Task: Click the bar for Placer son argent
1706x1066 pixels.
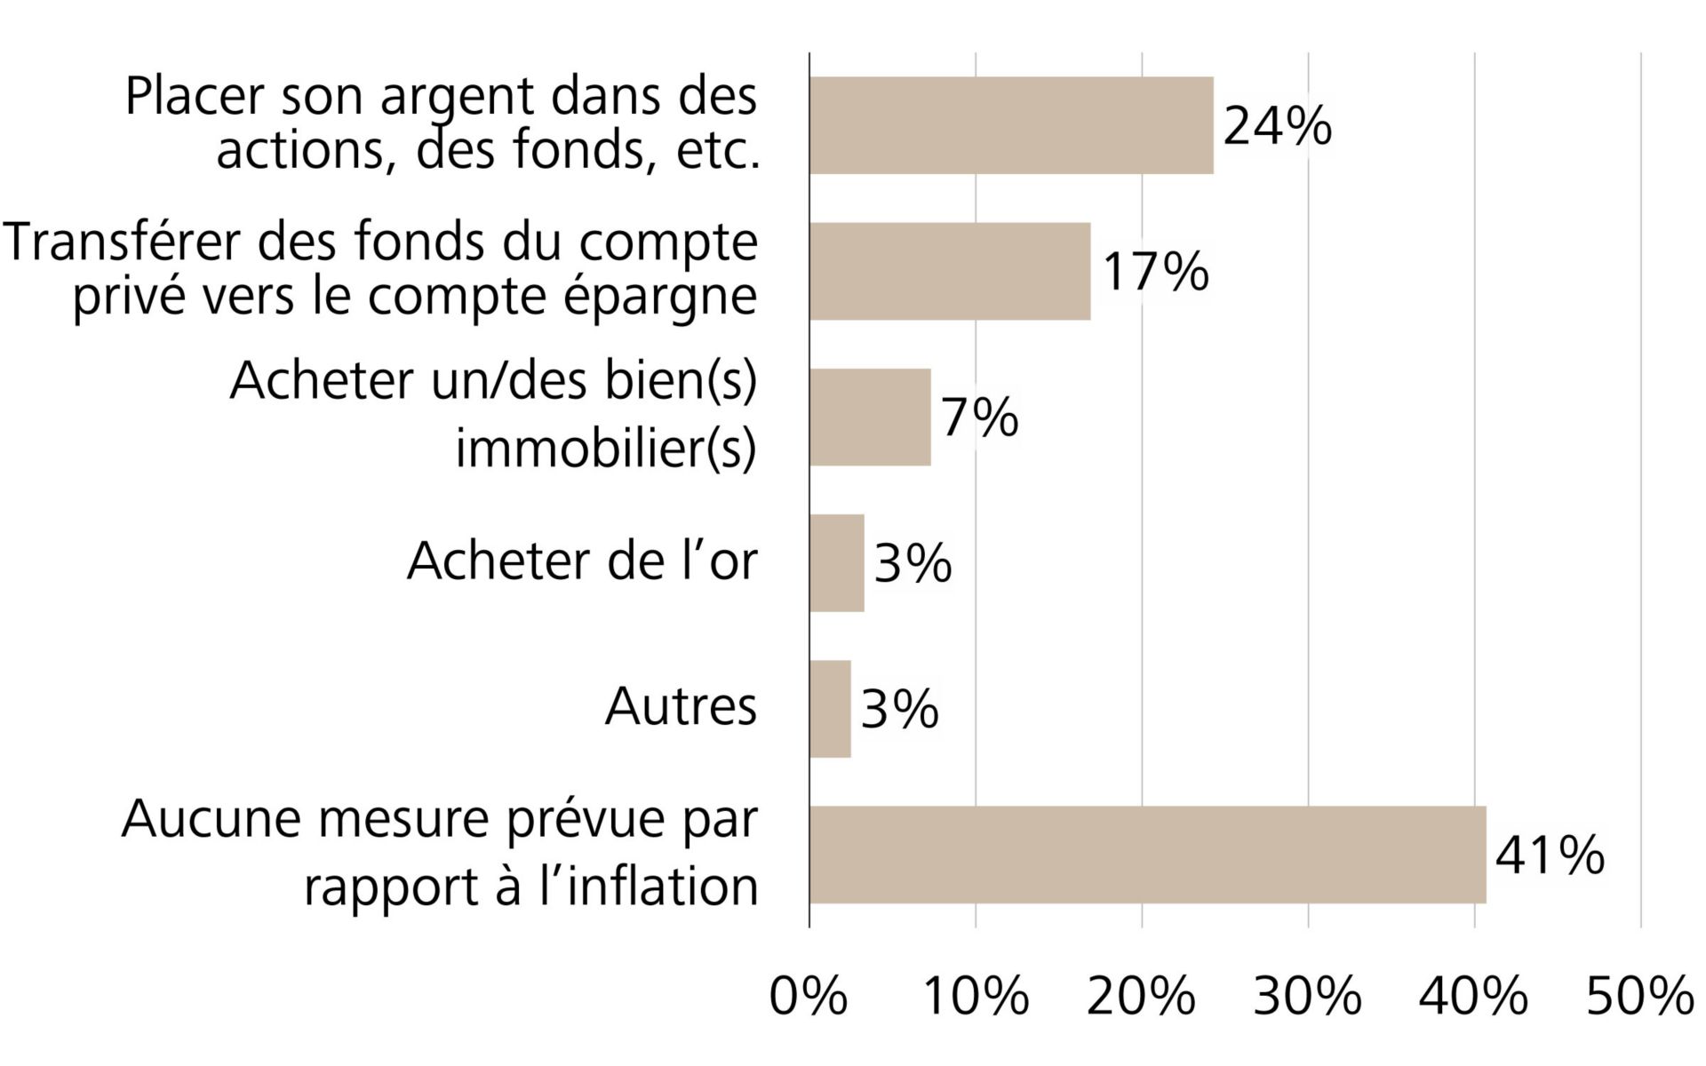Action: [x=1011, y=125]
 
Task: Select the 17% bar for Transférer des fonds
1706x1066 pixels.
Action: [x=950, y=271]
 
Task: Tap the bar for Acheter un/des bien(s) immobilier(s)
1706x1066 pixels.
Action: [x=870, y=417]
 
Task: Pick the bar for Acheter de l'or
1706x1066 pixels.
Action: [x=836, y=563]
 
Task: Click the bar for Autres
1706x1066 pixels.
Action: [x=830, y=709]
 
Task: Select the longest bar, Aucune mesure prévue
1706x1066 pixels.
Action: [x=1147, y=855]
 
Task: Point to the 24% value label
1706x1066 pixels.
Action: [x=1277, y=125]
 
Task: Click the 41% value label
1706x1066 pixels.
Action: [x=1550, y=855]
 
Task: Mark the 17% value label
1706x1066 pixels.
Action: [x=1155, y=271]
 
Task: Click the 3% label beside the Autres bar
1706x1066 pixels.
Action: [x=899, y=709]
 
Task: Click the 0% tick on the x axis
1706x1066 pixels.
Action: [x=808, y=996]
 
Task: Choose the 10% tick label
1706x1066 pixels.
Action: [x=976, y=996]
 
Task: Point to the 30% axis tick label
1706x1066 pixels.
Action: [x=1307, y=996]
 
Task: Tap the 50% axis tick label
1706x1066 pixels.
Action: [x=1639, y=996]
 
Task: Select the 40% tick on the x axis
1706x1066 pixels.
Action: [x=1473, y=996]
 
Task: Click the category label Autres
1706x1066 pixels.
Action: [x=681, y=707]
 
